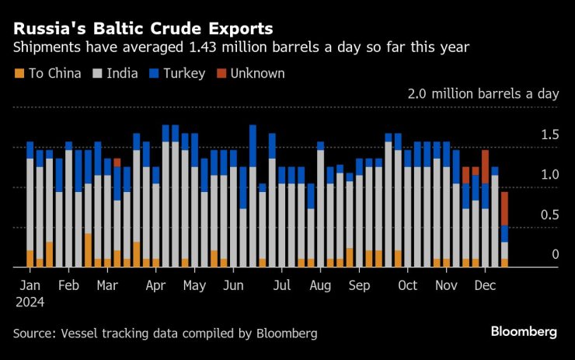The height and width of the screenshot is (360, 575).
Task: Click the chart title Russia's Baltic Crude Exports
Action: point(142,29)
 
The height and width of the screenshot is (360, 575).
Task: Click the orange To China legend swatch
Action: point(19,74)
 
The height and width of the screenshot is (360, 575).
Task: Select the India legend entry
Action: point(116,74)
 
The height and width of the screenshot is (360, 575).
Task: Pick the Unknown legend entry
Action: point(250,74)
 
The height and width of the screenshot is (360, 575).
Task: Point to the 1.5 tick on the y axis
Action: point(549,135)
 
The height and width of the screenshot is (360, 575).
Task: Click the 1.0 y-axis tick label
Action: point(549,175)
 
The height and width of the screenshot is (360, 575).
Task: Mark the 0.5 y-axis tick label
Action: point(549,215)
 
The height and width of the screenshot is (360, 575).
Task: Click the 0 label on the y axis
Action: point(555,255)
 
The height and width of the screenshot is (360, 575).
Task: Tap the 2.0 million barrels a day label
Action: point(483,94)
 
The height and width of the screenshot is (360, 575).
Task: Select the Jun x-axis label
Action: point(233,285)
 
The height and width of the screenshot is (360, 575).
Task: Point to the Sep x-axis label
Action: point(360,285)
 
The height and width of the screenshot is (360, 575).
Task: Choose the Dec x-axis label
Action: point(485,285)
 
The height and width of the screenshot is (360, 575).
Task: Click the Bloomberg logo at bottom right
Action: point(523,332)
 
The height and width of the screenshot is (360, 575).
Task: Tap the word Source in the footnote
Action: point(34,334)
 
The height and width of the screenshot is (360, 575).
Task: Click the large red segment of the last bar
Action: point(504,208)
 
